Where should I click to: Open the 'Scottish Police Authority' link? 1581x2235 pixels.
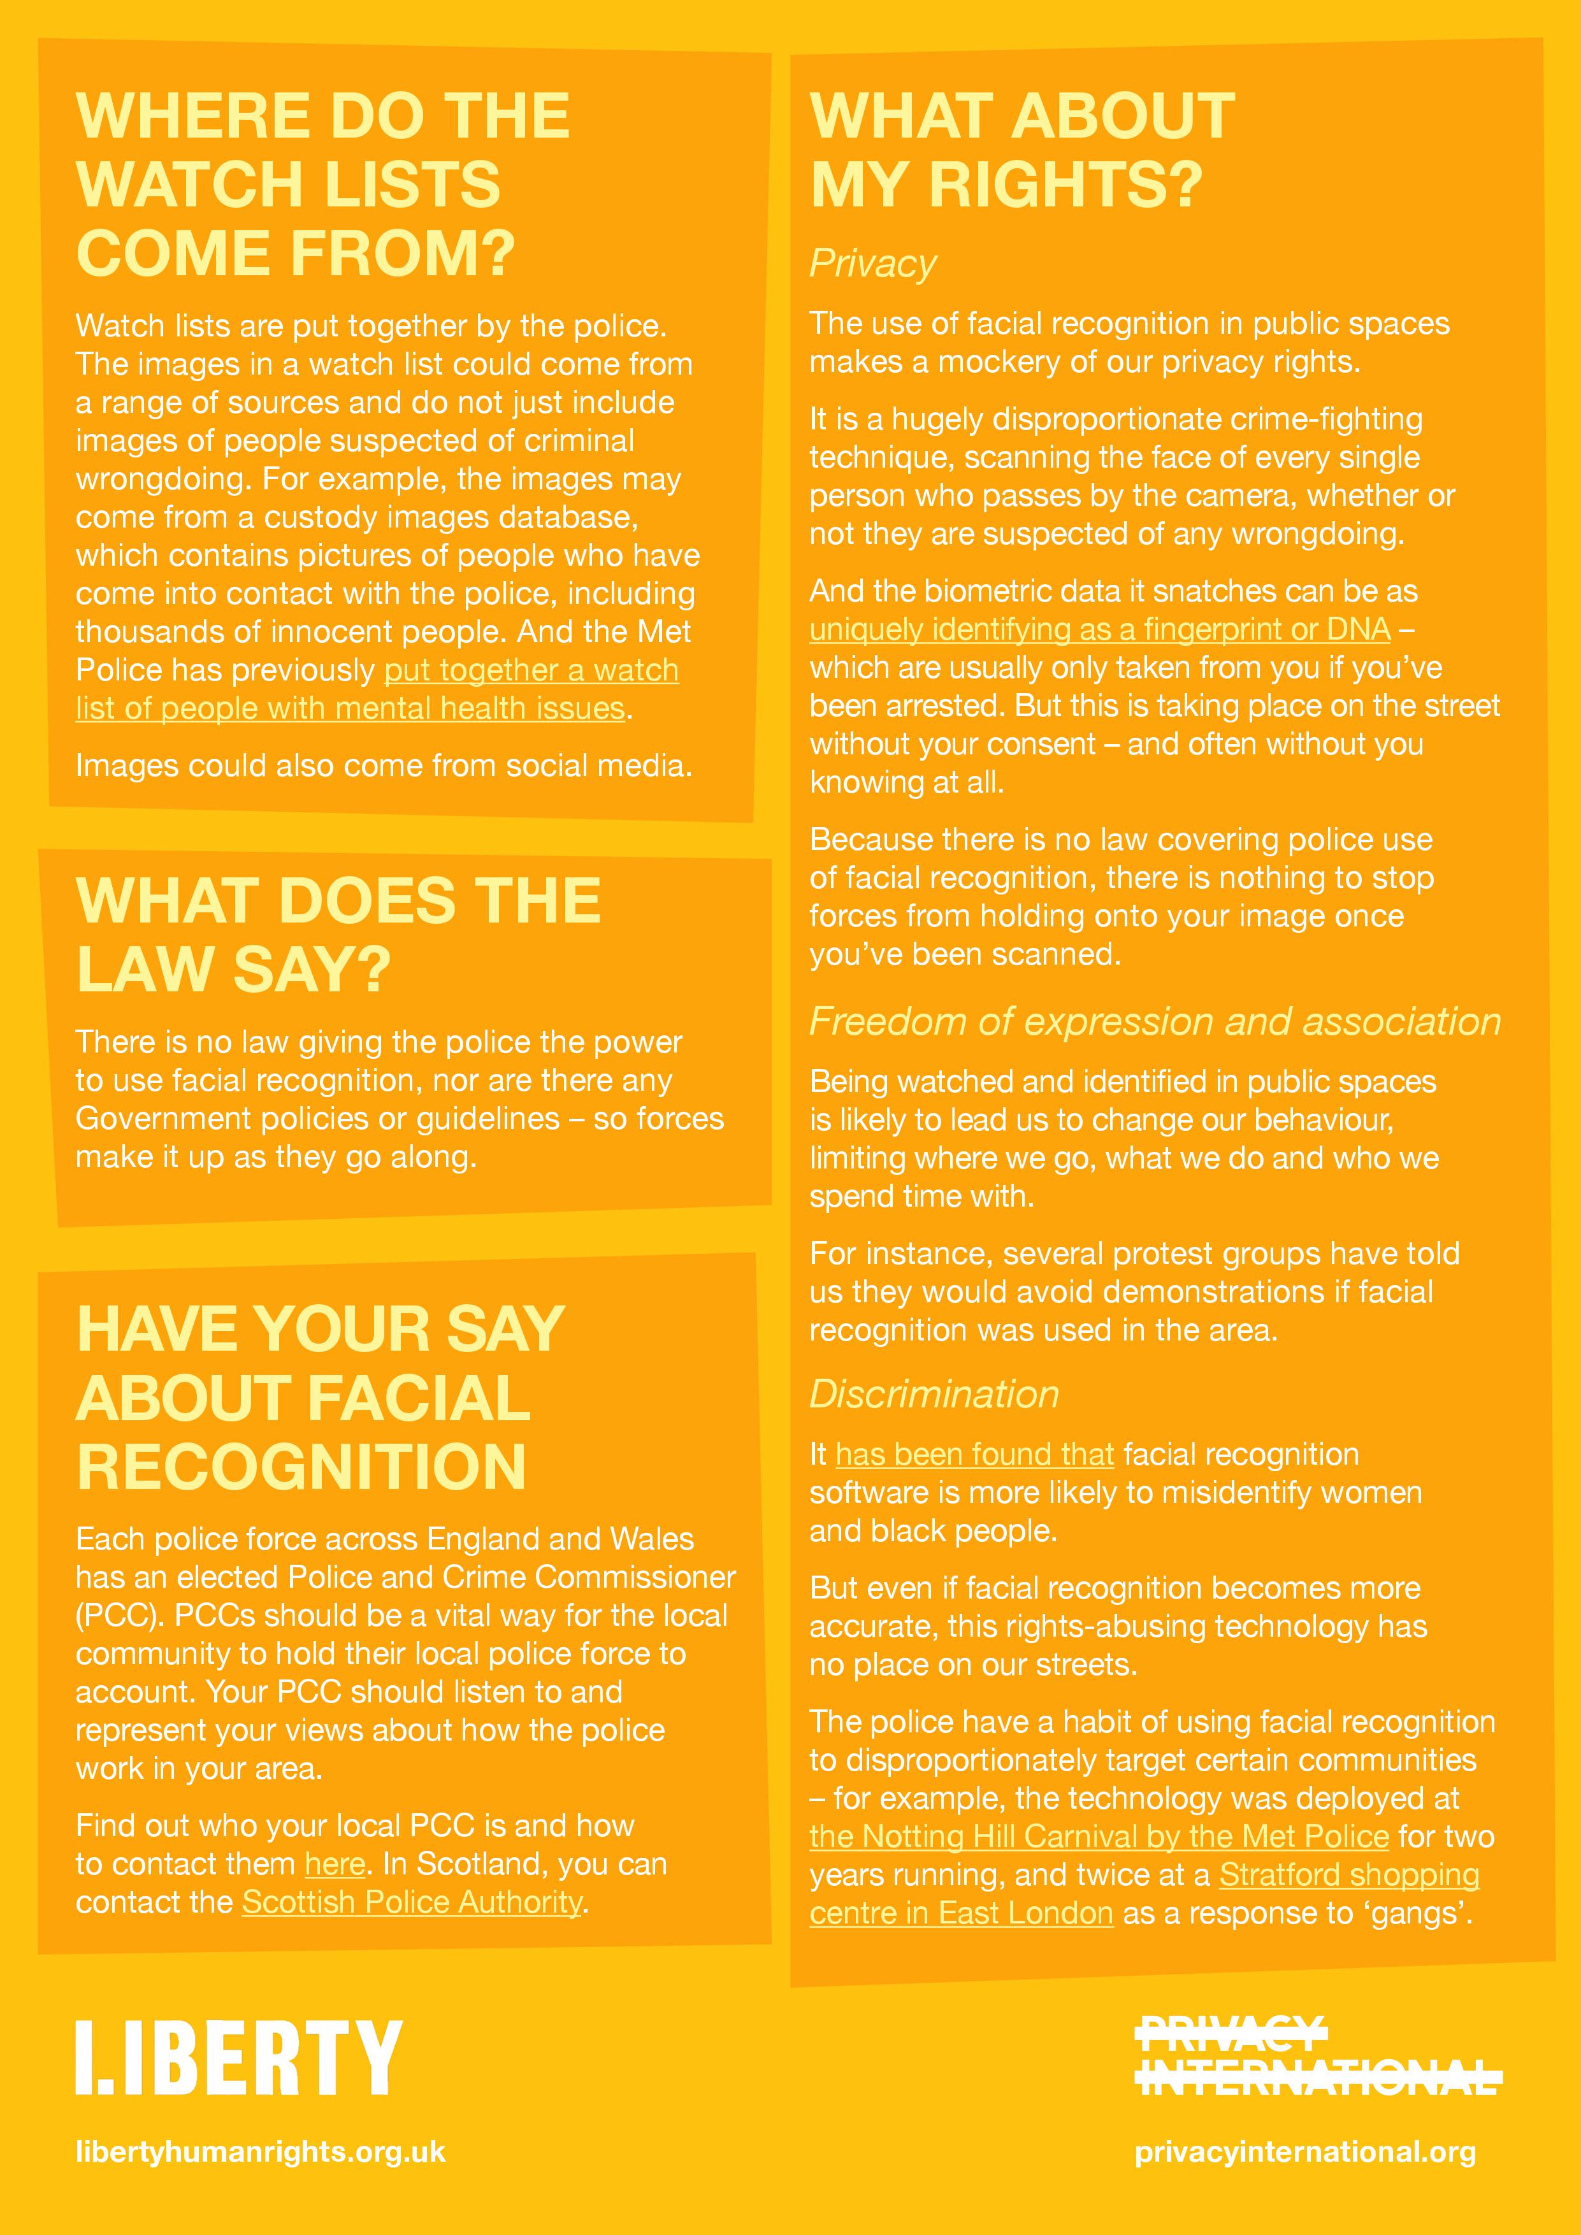point(412,1902)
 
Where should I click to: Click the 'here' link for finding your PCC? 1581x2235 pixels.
point(335,1864)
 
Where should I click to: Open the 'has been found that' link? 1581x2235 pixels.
point(974,1455)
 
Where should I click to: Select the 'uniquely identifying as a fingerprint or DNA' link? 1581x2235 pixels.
point(1099,630)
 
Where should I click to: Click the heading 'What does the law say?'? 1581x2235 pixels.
point(337,935)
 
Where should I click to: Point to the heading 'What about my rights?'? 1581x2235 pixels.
point(1022,149)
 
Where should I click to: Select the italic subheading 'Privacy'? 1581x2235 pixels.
point(872,264)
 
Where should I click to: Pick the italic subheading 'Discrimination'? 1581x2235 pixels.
point(934,1394)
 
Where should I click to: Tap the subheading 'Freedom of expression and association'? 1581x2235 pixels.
point(1155,1021)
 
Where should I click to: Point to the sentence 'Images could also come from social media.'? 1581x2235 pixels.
point(384,766)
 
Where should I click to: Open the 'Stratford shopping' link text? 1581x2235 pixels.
point(1348,1875)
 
